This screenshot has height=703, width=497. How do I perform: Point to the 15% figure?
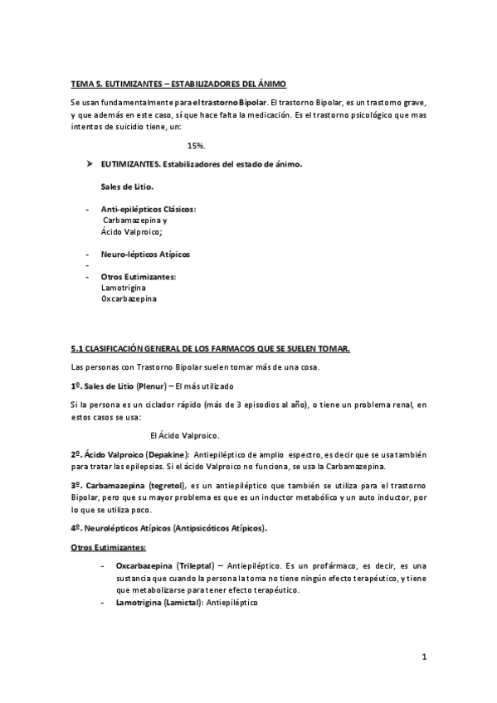coord(197,145)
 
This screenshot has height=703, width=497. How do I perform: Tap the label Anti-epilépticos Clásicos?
coord(148,210)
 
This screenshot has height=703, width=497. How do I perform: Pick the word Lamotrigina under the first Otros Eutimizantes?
coord(124,287)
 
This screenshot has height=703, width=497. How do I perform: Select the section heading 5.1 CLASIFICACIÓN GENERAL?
coord(211,349)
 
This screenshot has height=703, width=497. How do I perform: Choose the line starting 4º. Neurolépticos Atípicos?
coord(181,527)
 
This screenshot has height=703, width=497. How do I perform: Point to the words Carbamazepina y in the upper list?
coord(134,221)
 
